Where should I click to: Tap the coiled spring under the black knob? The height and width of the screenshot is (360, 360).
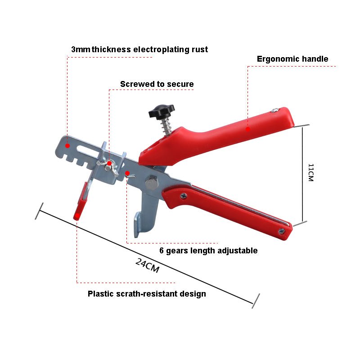(167, 126)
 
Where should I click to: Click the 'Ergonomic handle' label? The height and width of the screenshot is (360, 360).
(292, 59)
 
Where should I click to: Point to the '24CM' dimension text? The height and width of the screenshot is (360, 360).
(148, 265)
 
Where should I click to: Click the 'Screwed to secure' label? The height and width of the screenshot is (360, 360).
(157, 84)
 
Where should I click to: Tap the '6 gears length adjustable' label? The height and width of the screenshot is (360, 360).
(209, 251)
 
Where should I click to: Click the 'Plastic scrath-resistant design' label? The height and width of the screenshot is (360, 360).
(147, 294)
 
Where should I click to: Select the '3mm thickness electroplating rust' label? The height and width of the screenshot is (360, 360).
(139, 49)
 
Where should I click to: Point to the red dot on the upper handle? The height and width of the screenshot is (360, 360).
(247, 129)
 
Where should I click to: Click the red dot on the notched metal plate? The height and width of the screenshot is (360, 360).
(67, 145)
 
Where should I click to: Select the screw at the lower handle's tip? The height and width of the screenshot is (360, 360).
(281, 231)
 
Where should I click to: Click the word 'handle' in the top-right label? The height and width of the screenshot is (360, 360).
(315, 59)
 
